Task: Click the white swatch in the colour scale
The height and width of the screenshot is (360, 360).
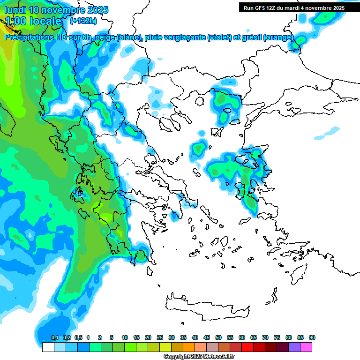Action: click(x=48, y=347)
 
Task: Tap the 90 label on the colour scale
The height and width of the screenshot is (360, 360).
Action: click(x=312, y=337)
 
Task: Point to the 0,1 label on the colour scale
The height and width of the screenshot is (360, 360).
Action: click(x=54, y=337)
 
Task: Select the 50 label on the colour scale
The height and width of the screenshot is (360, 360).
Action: click(x=218, y=337)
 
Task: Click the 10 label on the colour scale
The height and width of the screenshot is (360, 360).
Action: click(x=125, y=337)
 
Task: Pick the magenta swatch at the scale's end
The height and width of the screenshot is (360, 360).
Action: click(x=306, y=347)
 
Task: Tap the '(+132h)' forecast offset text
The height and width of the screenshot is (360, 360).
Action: click(x=83, y=21)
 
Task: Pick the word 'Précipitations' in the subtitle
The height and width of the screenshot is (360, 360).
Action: click(x=28, y=37)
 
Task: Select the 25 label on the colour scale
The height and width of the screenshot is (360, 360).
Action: click(x=160, y=337)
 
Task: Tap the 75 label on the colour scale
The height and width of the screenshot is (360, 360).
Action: click(x=277, y=337)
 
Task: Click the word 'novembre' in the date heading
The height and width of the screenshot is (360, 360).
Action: click(x=63, y=10)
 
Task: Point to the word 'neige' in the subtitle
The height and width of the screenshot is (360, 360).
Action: click(x=102, y=37)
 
